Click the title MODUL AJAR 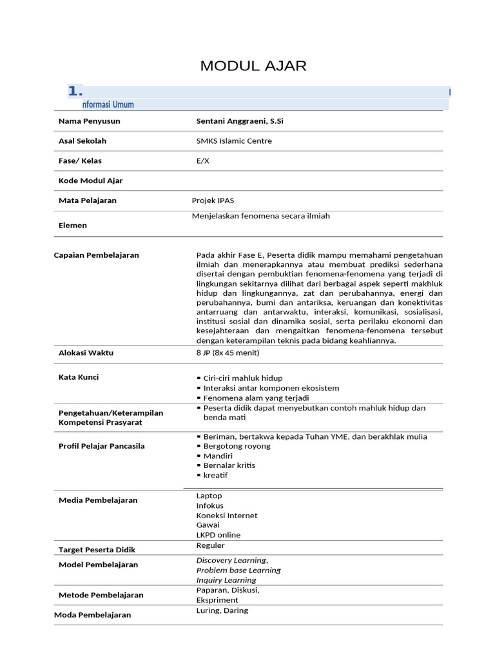[x=253, y=66]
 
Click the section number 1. [x=75, y=91]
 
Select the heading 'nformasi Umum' [x=108, y=104]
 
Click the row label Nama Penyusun [x=89, y=121]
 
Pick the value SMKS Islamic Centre [x=234, y=141]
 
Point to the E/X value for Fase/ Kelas [x=202, y=161]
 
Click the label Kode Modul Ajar [x=90, y=180]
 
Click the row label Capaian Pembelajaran [x=96, y=255]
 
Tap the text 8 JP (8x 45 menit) [x=228, y=353]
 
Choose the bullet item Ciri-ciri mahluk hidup [x=242, y=378]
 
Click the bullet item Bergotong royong [x=237, y=446]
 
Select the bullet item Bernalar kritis [x=229, y=465]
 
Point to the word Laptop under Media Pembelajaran [x=209, y=496]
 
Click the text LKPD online [x=218, y=535]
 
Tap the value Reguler [x=210, y=545]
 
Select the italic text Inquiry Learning [x=226, y=580]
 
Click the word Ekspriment [x=217, y=600]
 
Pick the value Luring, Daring [x=222, y=610]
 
